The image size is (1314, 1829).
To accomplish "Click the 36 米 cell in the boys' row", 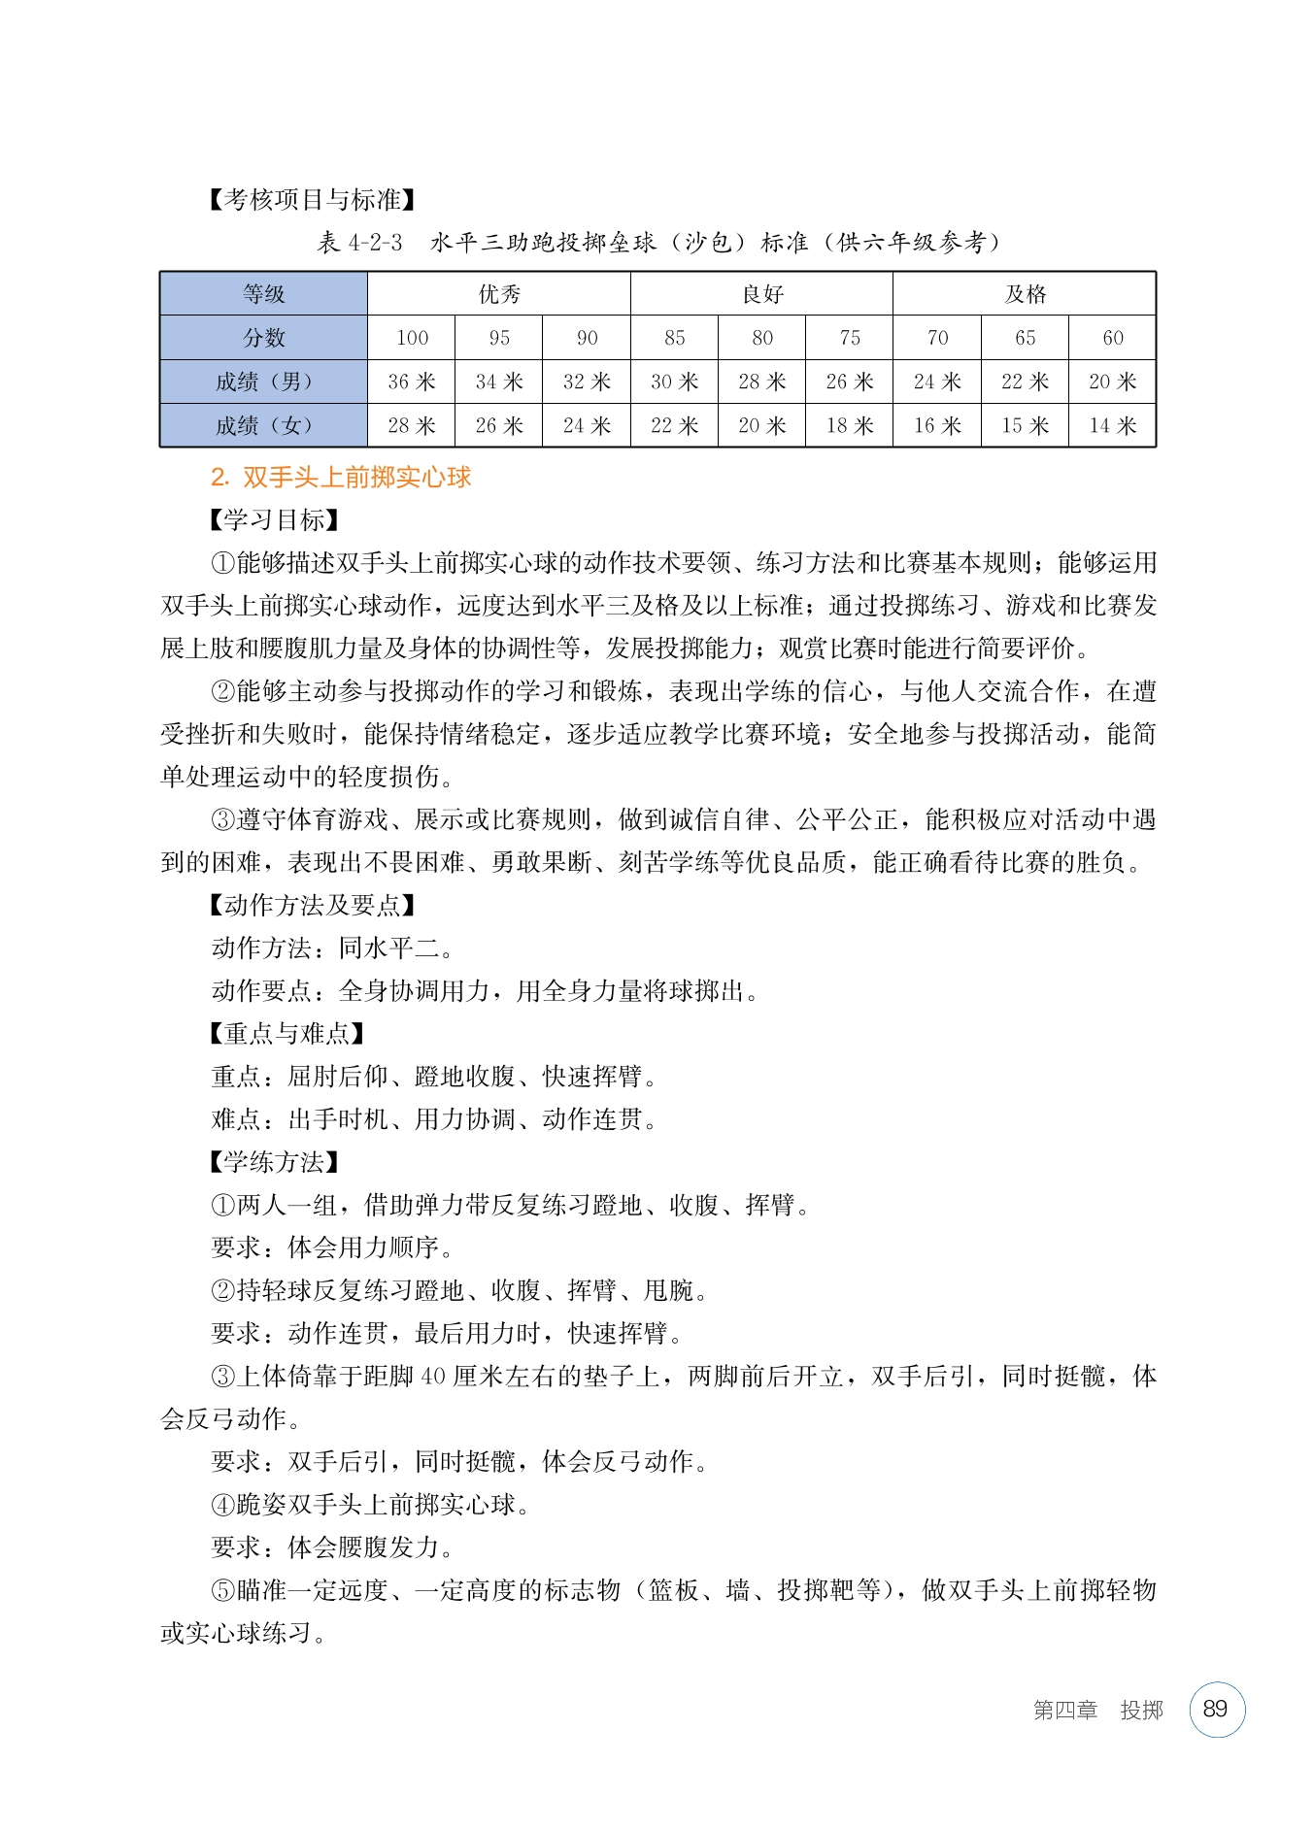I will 411,382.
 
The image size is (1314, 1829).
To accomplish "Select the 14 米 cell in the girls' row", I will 1112,425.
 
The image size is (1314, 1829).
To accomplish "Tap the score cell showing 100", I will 412,338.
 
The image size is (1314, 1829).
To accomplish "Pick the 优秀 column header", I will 499,294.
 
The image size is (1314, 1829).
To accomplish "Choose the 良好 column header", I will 762,294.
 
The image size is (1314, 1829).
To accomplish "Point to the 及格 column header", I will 1025,294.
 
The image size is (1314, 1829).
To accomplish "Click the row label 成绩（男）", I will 263,382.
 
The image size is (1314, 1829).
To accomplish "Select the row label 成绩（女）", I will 263,425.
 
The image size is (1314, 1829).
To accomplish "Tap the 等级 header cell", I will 263,294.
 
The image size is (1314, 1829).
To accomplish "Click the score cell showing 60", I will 1112,338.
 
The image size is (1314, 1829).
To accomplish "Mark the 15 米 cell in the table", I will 1025,425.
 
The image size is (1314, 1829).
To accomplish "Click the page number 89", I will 1216,1710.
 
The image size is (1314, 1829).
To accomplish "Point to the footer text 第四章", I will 1064,1711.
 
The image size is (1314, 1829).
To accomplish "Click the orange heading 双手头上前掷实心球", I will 355,477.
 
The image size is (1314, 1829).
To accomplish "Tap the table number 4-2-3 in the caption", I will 375,243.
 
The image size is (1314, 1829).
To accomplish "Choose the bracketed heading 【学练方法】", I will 274,1162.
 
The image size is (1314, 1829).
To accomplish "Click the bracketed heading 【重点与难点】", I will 286,1034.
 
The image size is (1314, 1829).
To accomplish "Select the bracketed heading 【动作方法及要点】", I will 312,906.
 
